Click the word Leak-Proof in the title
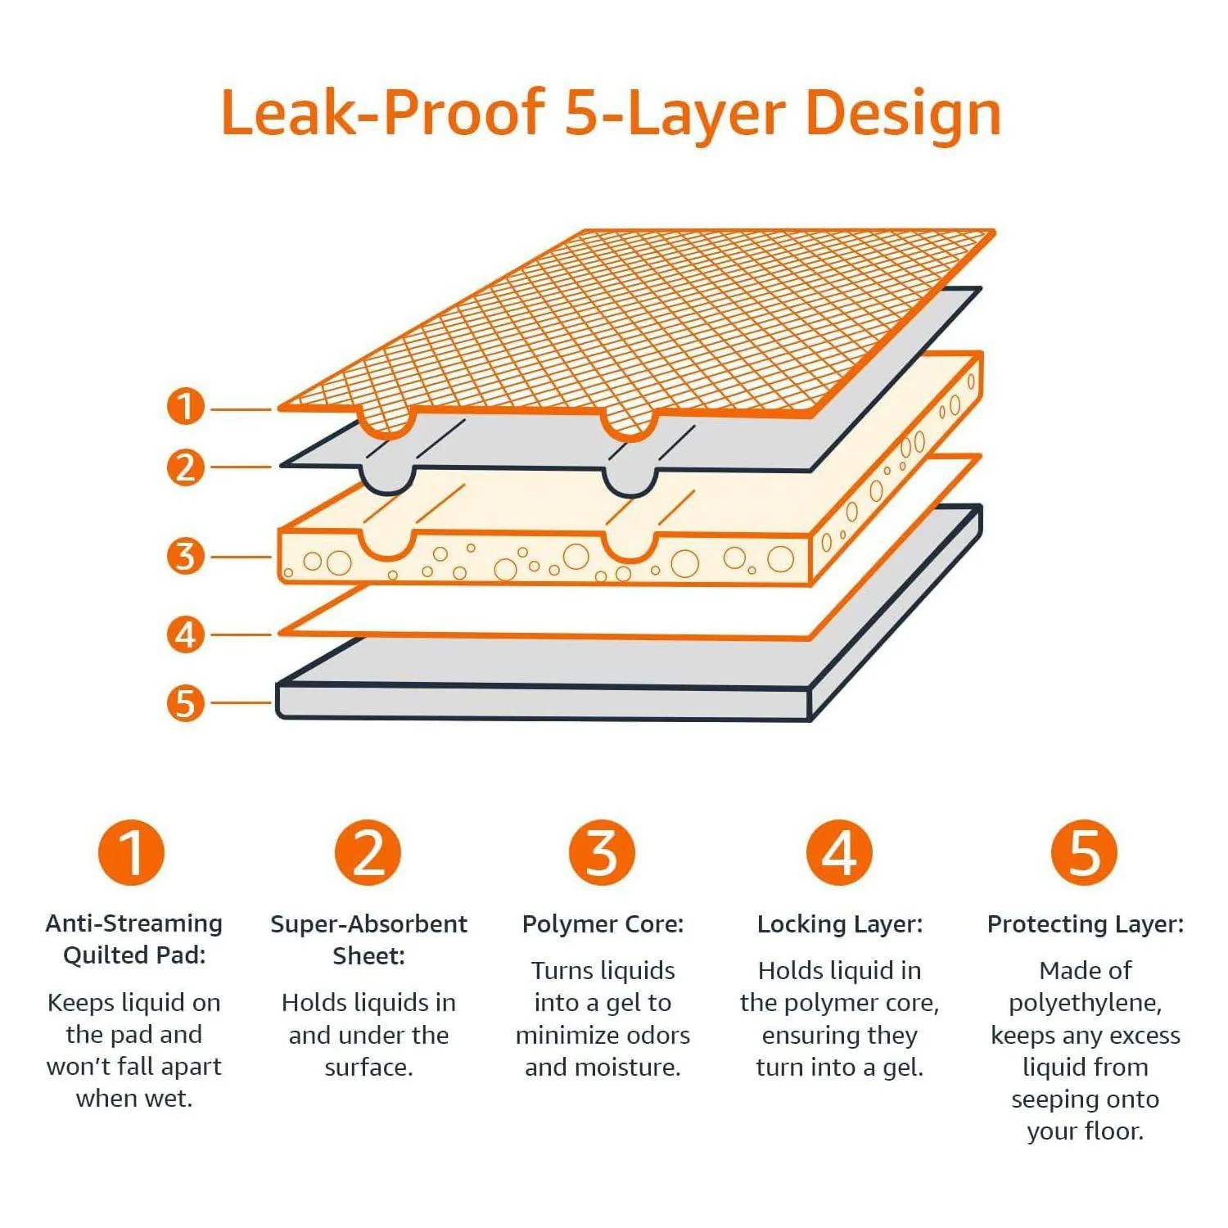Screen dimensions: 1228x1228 point(383,113)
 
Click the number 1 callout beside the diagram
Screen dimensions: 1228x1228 point(186,406)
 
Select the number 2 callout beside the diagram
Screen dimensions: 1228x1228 point(186,467)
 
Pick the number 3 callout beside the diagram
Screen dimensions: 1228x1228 point(186,556)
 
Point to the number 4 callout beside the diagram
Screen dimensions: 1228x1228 point(186,634)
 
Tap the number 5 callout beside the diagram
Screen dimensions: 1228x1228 point(186,703)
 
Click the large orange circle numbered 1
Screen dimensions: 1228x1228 point(132,852)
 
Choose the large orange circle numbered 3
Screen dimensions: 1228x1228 point(603,852)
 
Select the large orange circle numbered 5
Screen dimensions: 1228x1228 point(1085,852)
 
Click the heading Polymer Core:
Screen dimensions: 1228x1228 point(603,924)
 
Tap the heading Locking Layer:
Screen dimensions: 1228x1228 point(840,924)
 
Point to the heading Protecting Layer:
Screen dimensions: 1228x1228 point(1086,924)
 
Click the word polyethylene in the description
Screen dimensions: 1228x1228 point(1084,1004)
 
